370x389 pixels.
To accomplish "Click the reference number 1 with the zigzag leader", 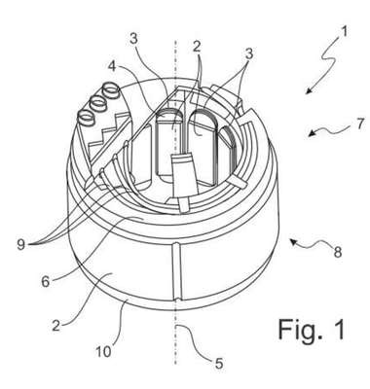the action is point(344,32).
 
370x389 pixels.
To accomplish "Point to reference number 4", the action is point(112,65).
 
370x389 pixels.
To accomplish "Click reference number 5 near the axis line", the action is point(219,364).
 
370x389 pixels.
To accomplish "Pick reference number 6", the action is point(46,281).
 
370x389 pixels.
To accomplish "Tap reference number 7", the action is point(359,124).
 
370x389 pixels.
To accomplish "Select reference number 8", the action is point(338,252).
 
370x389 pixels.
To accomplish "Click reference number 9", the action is point(20,245).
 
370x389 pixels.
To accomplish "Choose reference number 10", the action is point(103,352).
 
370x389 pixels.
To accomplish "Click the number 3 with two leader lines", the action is point(249,54).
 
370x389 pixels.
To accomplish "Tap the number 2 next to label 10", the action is point(56,325).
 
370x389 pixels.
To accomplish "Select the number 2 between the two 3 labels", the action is point(197,47).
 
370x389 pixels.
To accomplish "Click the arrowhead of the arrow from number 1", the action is point(309,90).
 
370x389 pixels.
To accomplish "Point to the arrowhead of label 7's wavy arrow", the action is point(312,133).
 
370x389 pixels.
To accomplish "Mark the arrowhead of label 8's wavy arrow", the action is point(293,241).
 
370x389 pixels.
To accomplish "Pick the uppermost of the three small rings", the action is point(111,90).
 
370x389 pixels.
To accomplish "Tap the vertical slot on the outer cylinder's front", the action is point(176,271).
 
